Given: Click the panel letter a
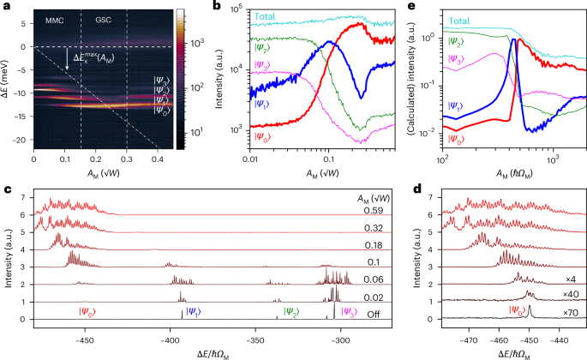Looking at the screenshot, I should point(5,7).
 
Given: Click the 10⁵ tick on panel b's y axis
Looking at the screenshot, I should point(236,9).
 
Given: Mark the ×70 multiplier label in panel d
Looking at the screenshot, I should point(569,314).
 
